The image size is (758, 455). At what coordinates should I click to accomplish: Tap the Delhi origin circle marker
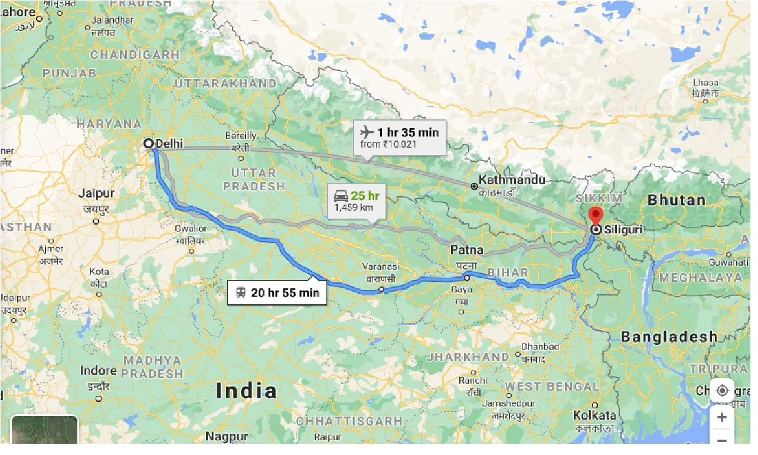point(149,143)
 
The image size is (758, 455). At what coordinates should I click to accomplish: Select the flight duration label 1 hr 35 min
point(408,132)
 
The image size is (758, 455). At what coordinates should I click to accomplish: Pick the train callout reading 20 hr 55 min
point(285,292)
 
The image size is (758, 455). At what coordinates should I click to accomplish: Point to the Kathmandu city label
point(512,180)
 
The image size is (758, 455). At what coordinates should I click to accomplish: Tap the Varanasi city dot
point(381,290)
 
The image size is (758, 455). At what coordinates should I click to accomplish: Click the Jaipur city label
point(96,193)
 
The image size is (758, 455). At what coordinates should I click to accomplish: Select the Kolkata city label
point(594,415)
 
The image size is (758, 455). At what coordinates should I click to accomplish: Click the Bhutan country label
point(677,200)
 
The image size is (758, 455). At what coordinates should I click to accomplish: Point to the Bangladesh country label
point(669,337)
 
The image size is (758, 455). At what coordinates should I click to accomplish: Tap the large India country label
point(246,391)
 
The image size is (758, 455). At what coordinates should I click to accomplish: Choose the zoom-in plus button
point(721,417)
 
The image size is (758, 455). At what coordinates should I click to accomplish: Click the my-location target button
point(721,391)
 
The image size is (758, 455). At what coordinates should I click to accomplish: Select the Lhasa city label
point(705,83)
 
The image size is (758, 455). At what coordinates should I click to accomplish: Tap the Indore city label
point(98,371)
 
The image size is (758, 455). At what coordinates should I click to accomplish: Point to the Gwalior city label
point(191,229)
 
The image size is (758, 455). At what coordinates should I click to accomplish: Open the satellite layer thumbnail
point(44,430)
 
